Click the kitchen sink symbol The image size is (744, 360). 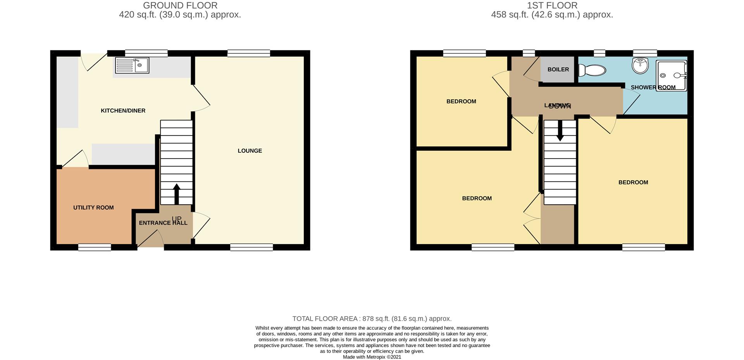pos(132,65)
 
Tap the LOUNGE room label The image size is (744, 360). pos(250,151)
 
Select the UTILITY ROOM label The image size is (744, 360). pos(93,208)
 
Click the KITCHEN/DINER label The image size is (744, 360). pos(123,111)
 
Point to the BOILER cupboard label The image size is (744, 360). pos(558,70)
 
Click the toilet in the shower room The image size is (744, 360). pos(592,71)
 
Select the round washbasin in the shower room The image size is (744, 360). pos(640,65)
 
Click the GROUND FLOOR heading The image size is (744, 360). pos(180,5)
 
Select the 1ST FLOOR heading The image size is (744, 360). pos(552,5)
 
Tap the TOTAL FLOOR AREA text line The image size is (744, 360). pos(372,319)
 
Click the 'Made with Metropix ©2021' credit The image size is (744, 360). pos(372,357)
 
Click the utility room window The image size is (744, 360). pos(95,247)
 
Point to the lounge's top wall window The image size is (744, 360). pos(248,53)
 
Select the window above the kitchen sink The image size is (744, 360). pos(146,53)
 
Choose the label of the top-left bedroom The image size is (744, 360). pos(461,102)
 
